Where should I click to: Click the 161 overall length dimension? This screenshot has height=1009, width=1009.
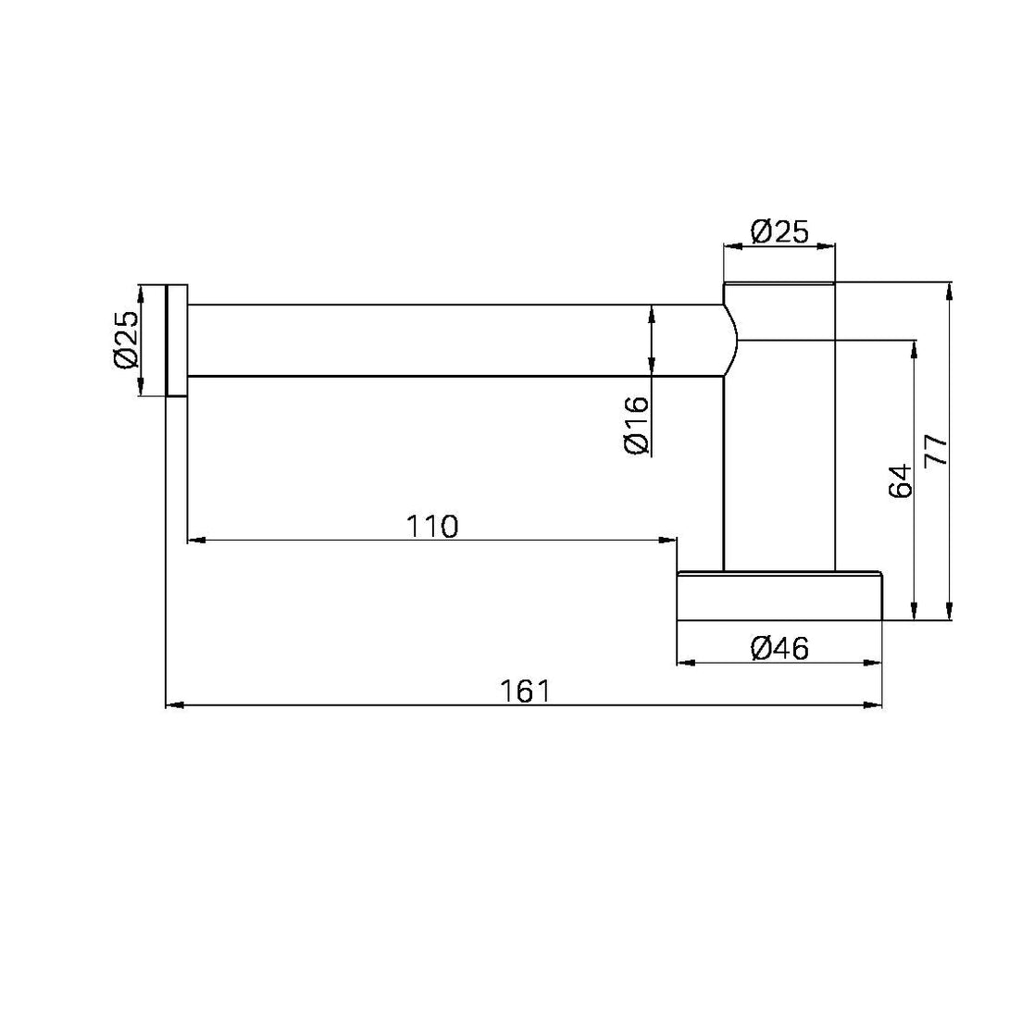(525, 691)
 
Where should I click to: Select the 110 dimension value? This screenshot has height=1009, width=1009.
(432, 526)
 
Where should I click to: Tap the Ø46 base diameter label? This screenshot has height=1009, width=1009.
(779, 649)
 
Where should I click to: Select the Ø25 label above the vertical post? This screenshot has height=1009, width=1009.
(779, 231)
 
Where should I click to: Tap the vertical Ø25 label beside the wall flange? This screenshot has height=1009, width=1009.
(126, 339)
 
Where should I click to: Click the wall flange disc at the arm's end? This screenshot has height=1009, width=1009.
(176, 340)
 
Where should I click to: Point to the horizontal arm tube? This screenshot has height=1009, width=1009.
(454, 340)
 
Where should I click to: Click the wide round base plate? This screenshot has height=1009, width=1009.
(779, 596)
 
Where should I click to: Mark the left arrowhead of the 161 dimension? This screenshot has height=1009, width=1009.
(172, 706)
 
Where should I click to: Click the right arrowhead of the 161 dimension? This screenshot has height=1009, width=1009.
(876, 706)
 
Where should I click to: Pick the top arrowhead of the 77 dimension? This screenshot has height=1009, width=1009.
(950, 289)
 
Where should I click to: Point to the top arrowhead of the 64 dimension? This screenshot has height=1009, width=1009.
(915, 347)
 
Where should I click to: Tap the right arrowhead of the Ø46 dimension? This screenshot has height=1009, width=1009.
(876, 663)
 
